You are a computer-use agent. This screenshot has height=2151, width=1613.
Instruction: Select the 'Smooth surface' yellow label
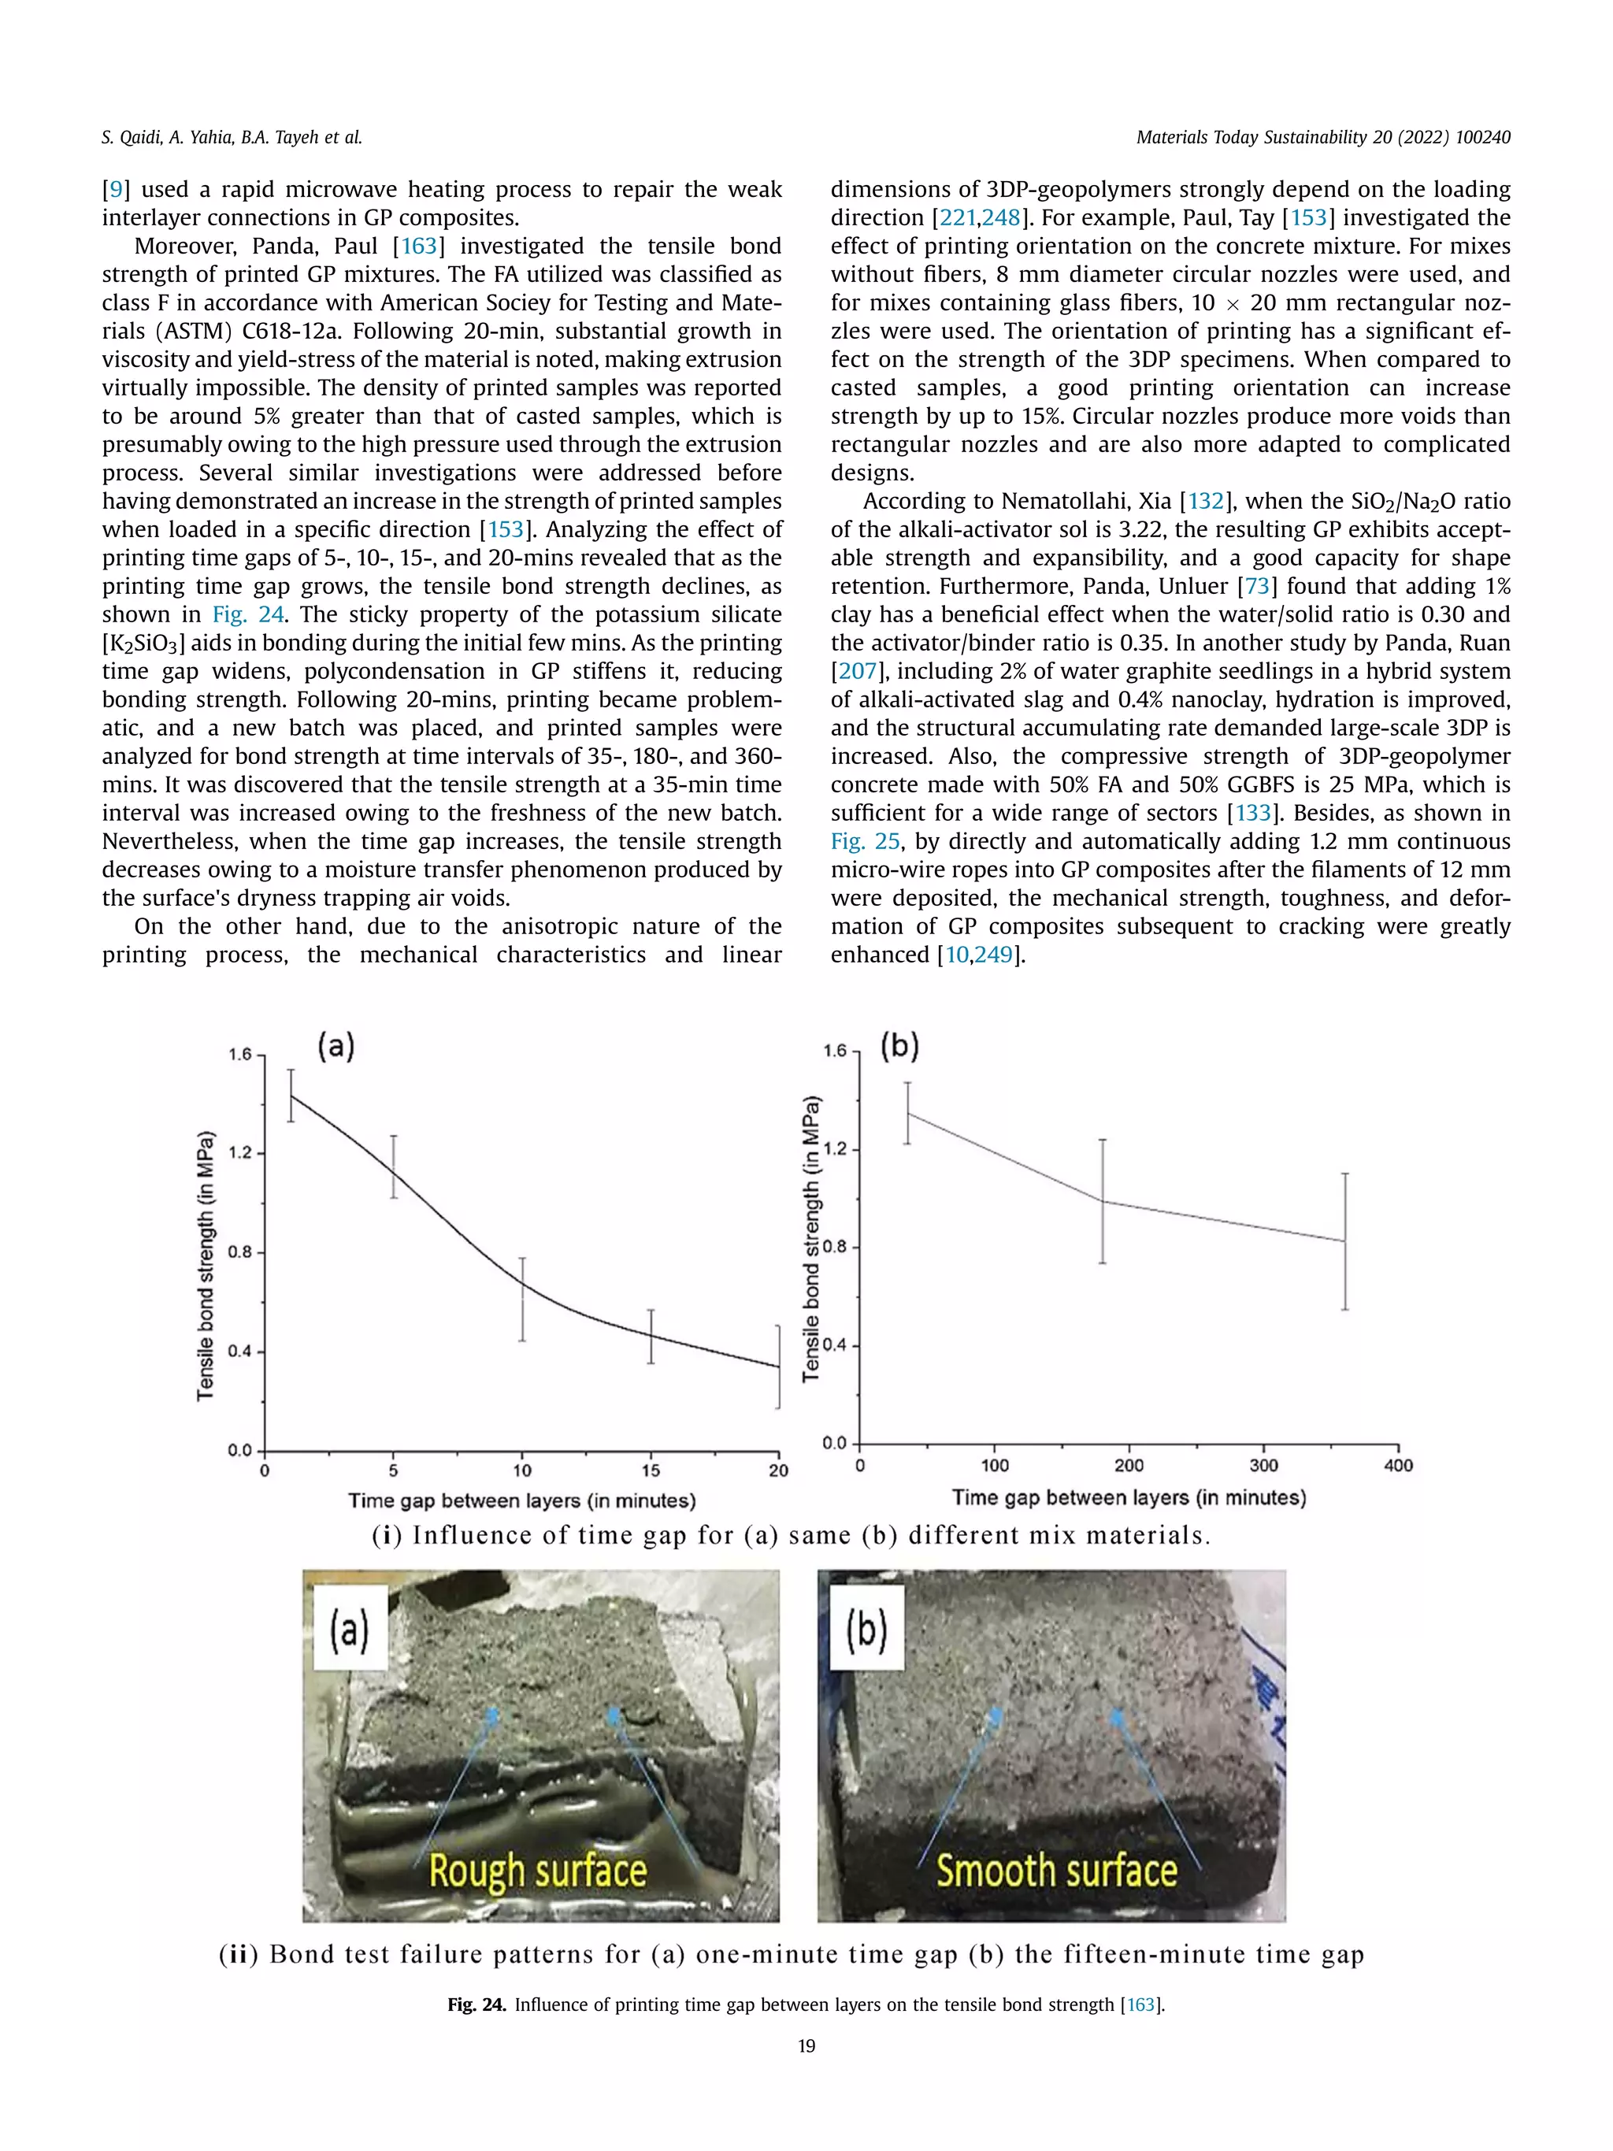tap(1056, 1870)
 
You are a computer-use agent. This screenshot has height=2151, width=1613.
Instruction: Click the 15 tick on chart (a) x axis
tap(651, 1470)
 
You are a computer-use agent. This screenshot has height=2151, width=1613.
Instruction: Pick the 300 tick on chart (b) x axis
tap(1263, 1466)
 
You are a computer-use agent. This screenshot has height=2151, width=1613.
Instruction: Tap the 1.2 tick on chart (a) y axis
tap(239, 1153)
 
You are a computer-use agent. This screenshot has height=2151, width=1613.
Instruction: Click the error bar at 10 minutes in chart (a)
tap(522, 1299)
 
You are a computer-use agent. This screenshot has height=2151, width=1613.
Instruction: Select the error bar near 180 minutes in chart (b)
tap(1103, 1201)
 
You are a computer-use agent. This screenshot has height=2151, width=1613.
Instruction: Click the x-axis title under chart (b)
tap(1129, 1497)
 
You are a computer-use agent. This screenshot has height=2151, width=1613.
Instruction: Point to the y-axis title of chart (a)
tap(205, 1265)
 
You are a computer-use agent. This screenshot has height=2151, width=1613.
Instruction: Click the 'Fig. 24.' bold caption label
tap(476, 2005)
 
